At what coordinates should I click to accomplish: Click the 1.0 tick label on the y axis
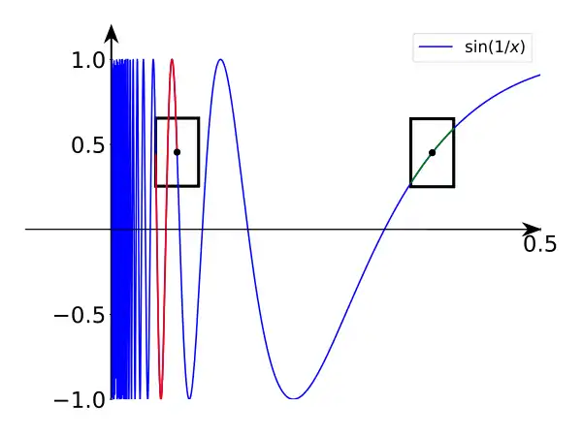(88, 60)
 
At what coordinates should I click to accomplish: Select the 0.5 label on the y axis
(88, 145)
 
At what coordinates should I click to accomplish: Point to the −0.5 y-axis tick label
(80, 315)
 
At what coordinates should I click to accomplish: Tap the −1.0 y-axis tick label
(80, 400)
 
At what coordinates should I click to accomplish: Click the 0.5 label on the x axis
(540, 244)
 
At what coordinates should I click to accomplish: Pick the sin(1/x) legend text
(495, 47)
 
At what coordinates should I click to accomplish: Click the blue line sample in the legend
(436, 47)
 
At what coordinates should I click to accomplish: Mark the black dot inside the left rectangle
(178, 152)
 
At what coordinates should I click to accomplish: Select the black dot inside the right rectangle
(432, 152)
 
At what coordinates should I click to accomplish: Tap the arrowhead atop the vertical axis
(112, 33)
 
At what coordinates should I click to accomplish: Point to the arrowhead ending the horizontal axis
(532, 229)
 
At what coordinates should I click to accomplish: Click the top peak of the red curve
(172, 59)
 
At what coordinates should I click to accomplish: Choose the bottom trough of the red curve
(161, 398)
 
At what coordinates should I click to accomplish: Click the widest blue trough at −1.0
(294, 398)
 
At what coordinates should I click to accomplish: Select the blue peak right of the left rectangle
(220, 59)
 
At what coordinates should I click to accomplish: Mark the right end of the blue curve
(539, 75)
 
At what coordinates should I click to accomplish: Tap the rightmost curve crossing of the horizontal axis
(384, 229)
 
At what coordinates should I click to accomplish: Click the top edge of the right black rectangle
(433, 118)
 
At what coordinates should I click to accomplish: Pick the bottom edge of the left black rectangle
(178, 185)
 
